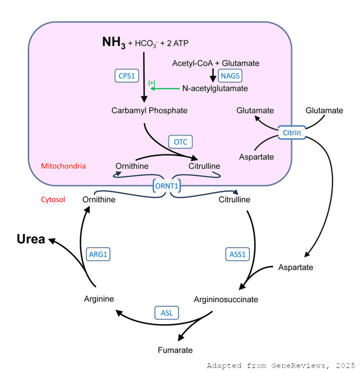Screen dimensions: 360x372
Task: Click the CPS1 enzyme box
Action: point(127,76)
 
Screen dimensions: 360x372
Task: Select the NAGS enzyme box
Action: point(230,76)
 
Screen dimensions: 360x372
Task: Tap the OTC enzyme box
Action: point(180,142)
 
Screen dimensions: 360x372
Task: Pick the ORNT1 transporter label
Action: point(166,186)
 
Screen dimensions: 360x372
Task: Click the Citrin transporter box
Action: point(292,133)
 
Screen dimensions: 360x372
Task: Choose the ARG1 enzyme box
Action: point(98,254)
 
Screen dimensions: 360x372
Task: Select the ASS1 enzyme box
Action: point(237,254)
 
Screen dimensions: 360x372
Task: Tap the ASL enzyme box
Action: point(166,313)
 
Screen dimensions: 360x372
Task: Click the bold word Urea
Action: point(31,239)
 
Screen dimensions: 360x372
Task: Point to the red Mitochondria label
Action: point(63,166)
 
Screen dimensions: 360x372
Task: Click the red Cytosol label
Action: point(53,200)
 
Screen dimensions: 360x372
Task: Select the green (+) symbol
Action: point(152,83)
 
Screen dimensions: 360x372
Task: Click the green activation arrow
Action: point(165,89)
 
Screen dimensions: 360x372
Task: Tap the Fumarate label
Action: point(175,350)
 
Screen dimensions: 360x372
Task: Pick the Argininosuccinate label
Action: point(226,300)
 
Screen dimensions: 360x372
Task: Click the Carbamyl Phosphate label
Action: point(149,111)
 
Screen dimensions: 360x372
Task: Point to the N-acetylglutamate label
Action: point(215,89)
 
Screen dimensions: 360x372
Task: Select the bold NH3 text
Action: point(114,43)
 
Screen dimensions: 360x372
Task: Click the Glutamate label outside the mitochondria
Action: point(324,110)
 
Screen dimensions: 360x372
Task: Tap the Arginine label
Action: point(99,299)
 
